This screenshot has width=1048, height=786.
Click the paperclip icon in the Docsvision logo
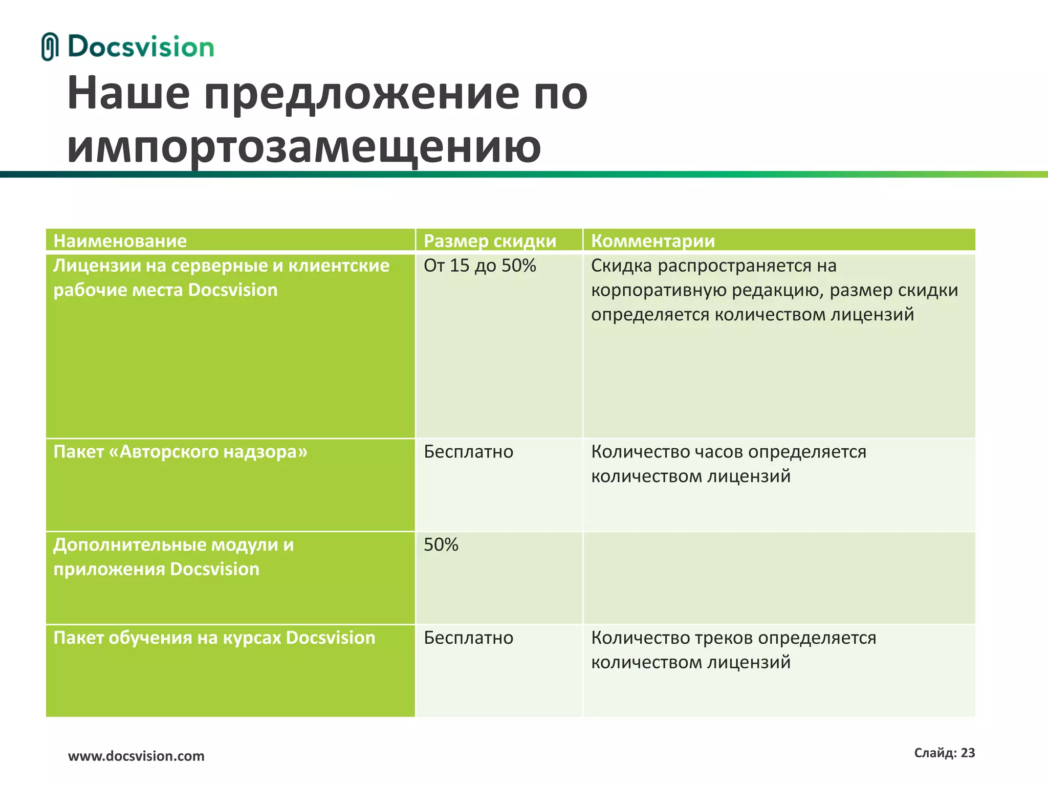coord(49,47)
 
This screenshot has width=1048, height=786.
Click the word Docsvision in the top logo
coord(141,47)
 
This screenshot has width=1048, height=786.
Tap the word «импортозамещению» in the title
coord(303,147)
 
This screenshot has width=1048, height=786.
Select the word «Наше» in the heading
coord(128,93)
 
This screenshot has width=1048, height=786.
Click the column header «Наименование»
coord(120,241)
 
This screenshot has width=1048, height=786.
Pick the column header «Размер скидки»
coord(490,241)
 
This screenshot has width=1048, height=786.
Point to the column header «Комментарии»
coord(652,241)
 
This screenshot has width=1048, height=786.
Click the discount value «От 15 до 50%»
coord(479,266)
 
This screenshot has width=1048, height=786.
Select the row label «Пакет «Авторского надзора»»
coord(180,452)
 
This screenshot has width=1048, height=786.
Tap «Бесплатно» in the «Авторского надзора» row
coord(468,452)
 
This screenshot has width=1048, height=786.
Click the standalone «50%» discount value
coord(441,545)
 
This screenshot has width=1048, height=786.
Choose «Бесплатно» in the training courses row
coord(468,638)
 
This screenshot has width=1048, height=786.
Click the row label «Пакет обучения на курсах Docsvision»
coord(214,638)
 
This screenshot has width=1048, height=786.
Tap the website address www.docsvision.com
coord(136,756)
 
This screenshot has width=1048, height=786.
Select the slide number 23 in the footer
coord(968,753)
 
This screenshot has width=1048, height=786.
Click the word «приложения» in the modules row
coord(108,570)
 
